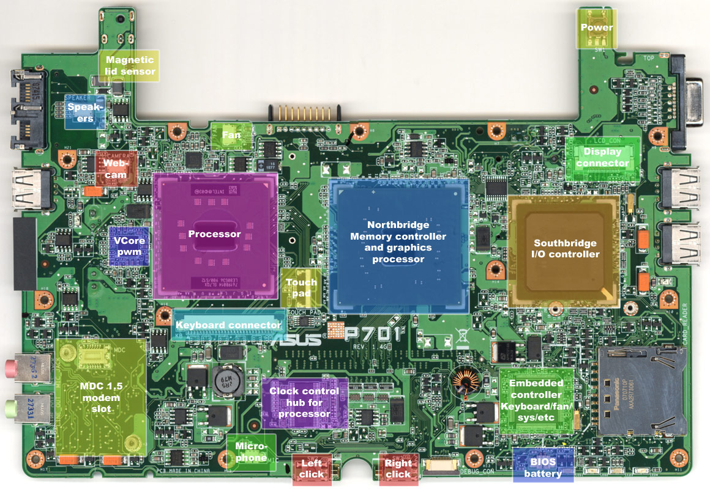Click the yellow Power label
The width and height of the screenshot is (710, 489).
(x=597, y=28)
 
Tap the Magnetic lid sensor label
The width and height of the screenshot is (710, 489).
(x=130, y=66)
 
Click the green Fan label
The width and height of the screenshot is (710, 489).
(x=231, y=134)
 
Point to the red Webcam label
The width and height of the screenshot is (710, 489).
(x=115, y=169)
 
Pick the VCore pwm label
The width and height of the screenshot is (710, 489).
(x=129, y=246)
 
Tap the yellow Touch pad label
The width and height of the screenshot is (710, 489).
(x=301, y=287)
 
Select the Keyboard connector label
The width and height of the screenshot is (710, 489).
(x=228, y=325)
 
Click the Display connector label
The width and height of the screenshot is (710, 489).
(x=602, y=158)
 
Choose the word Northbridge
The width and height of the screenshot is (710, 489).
(x=398, y=224)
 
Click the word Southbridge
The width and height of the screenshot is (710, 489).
(x=566, y=242)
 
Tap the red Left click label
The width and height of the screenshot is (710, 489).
(x=312, y=468)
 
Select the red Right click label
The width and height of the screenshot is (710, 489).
(x=398, y=468)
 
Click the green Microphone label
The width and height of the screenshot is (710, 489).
(x=251, y=452)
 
